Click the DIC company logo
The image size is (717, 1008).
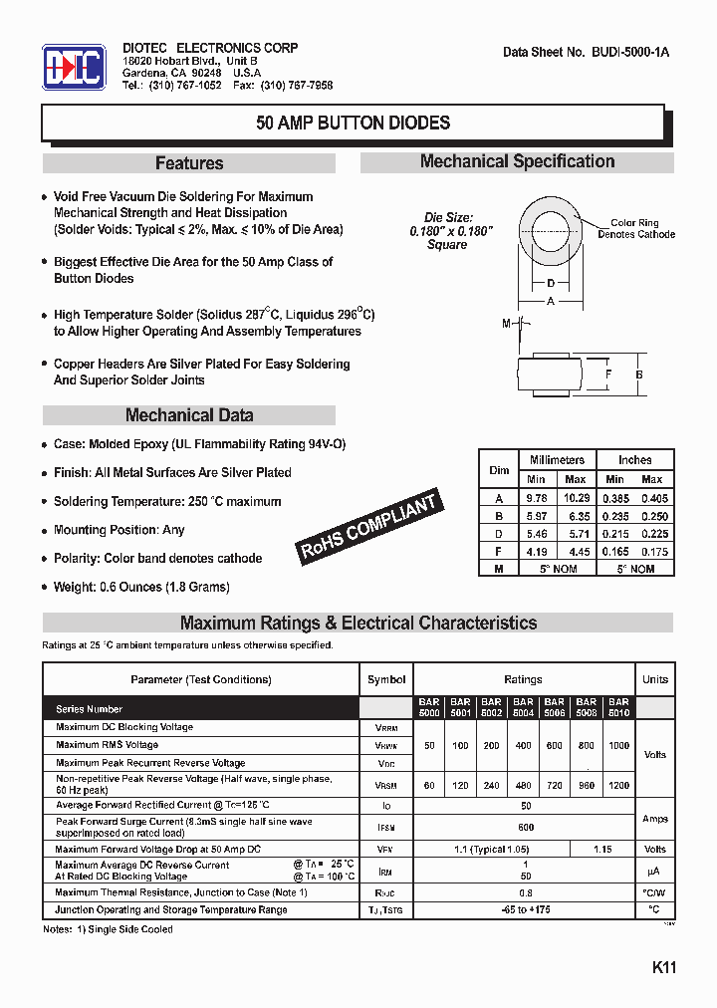click(74, 68)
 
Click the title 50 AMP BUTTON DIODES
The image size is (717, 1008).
click(353, 124)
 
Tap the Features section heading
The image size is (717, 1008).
click(189, 163)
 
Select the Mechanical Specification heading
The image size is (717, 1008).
click(517, 161)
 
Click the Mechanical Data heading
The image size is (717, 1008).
click(189, 415)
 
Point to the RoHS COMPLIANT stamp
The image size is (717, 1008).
click(369, 528)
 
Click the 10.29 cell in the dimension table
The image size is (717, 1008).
click(577, 497)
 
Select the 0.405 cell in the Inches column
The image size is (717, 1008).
click(654, 497)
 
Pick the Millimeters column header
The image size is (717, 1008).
click(557, 460)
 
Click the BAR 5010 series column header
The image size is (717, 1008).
click(618, 707)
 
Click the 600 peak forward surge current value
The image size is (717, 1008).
click(525, 827)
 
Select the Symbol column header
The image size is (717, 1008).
click(386, 679)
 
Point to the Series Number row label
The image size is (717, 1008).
click(90, 709)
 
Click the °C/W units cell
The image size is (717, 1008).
click(654, 892)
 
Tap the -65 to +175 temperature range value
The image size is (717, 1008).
click(525, 909)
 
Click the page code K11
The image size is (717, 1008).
click(664, 967)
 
